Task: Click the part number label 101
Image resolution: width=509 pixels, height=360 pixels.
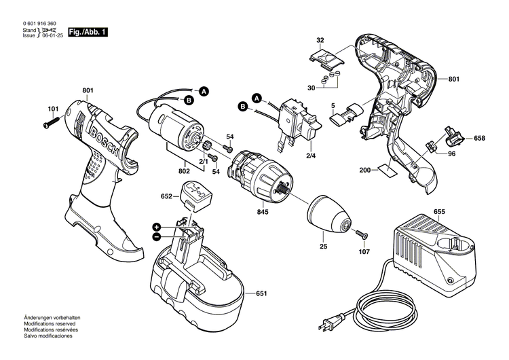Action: [53, 109]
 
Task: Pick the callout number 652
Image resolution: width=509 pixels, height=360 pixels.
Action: [166, 196]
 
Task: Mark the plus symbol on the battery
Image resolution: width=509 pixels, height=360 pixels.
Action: [156, 226]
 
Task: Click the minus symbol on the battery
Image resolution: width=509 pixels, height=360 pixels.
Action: [156, 236]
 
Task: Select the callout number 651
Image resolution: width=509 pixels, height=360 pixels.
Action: [261, 294]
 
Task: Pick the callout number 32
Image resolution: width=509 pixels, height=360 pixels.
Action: [320, 41]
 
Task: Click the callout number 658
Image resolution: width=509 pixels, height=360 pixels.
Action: [479, 138]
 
